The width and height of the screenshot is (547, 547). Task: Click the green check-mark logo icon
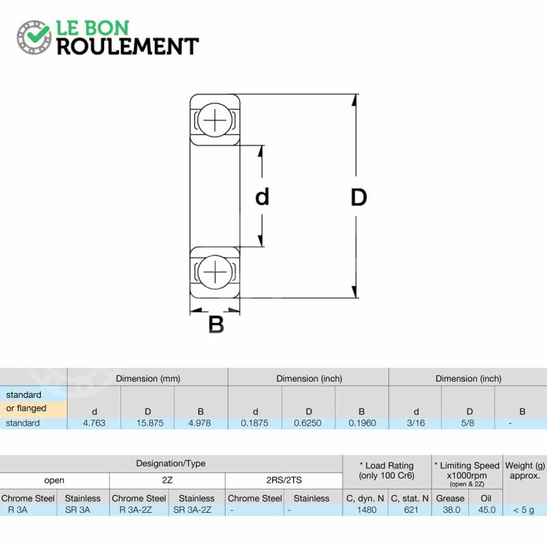34,38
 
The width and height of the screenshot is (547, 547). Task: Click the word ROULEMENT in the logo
128,46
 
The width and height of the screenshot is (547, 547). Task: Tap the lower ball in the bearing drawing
215,272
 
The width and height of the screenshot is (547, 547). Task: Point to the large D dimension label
358,197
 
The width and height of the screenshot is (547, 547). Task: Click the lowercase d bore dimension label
263,196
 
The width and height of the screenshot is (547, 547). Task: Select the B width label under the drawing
216,324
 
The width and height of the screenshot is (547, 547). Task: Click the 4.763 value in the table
94,423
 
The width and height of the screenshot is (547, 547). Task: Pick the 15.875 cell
150,423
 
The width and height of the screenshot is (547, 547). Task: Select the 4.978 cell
200,423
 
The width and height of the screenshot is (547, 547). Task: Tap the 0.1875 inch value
254,423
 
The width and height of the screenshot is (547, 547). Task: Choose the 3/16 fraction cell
416,423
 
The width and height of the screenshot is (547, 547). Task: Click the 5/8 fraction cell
468,423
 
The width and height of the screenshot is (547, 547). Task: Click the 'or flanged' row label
26,408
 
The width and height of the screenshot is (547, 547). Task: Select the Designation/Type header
170,464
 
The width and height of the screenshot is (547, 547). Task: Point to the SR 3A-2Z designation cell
192,509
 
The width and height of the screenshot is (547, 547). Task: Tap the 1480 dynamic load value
366,509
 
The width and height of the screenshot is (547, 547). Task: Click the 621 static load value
411,509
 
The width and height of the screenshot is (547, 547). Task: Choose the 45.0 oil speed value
487,509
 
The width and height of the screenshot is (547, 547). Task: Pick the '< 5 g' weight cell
524,510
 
